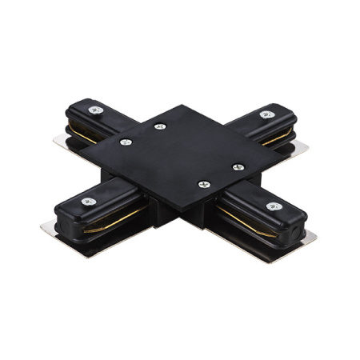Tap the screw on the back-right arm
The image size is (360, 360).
point(266,114)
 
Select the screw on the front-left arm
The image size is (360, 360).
point(86,201)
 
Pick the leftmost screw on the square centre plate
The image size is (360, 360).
point(126,142)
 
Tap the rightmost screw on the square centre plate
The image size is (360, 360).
point(238,166)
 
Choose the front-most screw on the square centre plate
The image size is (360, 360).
point(202,184)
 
